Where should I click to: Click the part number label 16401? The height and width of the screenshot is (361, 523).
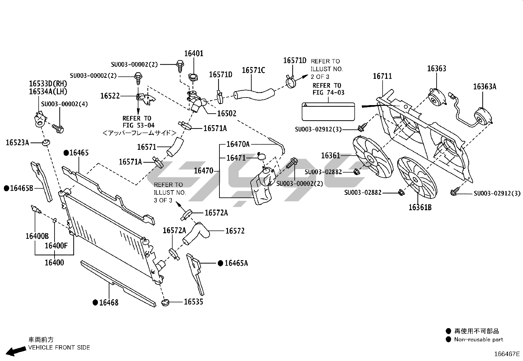[193, 54]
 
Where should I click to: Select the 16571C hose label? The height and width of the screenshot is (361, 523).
[253, 70]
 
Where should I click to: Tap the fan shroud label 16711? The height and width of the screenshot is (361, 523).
[382, 77]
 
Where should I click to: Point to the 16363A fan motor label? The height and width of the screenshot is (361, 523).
[485, 87]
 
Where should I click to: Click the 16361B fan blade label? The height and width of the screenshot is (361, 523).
[420, 208]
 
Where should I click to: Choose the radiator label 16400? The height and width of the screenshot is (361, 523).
[54, 262]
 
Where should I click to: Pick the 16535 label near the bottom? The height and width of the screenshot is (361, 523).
[193, 302]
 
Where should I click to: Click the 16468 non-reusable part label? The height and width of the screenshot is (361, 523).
[109, 303]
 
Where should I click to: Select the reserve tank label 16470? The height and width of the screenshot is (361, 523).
[204, 171]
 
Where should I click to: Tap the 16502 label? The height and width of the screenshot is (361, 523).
[227, 114]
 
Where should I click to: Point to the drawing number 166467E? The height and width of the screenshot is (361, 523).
[507, 354]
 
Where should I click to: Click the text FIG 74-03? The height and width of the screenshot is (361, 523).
[329, 93]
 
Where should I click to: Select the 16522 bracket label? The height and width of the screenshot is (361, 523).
[110, 96]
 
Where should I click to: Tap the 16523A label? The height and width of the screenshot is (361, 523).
[17, 143]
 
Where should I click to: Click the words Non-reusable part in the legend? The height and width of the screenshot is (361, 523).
[478, 340]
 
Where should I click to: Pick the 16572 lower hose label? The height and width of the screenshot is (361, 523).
[235, 231]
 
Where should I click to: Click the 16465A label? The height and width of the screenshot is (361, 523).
[236, 263]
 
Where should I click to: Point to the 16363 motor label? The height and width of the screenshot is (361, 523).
[437, 69]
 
